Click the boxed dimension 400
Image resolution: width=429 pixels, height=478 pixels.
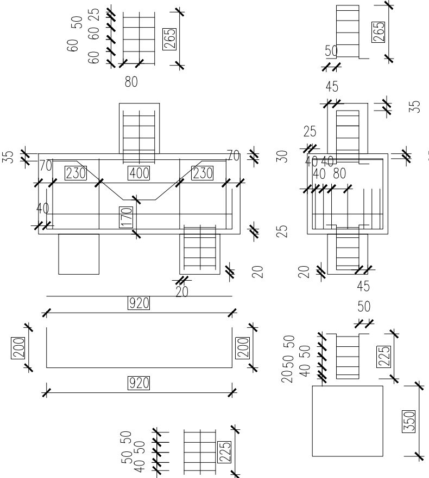coord(139,173)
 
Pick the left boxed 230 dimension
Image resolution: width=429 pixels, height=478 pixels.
coord(75,173)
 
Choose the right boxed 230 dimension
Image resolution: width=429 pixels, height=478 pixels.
coord(203,173)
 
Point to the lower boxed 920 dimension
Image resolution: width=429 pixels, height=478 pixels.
coord(139,383)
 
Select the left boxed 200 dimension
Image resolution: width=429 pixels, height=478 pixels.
coord(18,347)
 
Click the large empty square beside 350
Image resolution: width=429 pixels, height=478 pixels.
coord(348,421)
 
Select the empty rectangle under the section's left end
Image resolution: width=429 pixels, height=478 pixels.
coord(79,254)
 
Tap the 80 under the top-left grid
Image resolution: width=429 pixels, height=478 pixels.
coord(131,82)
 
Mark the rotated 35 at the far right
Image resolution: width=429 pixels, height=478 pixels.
coord(416,105)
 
